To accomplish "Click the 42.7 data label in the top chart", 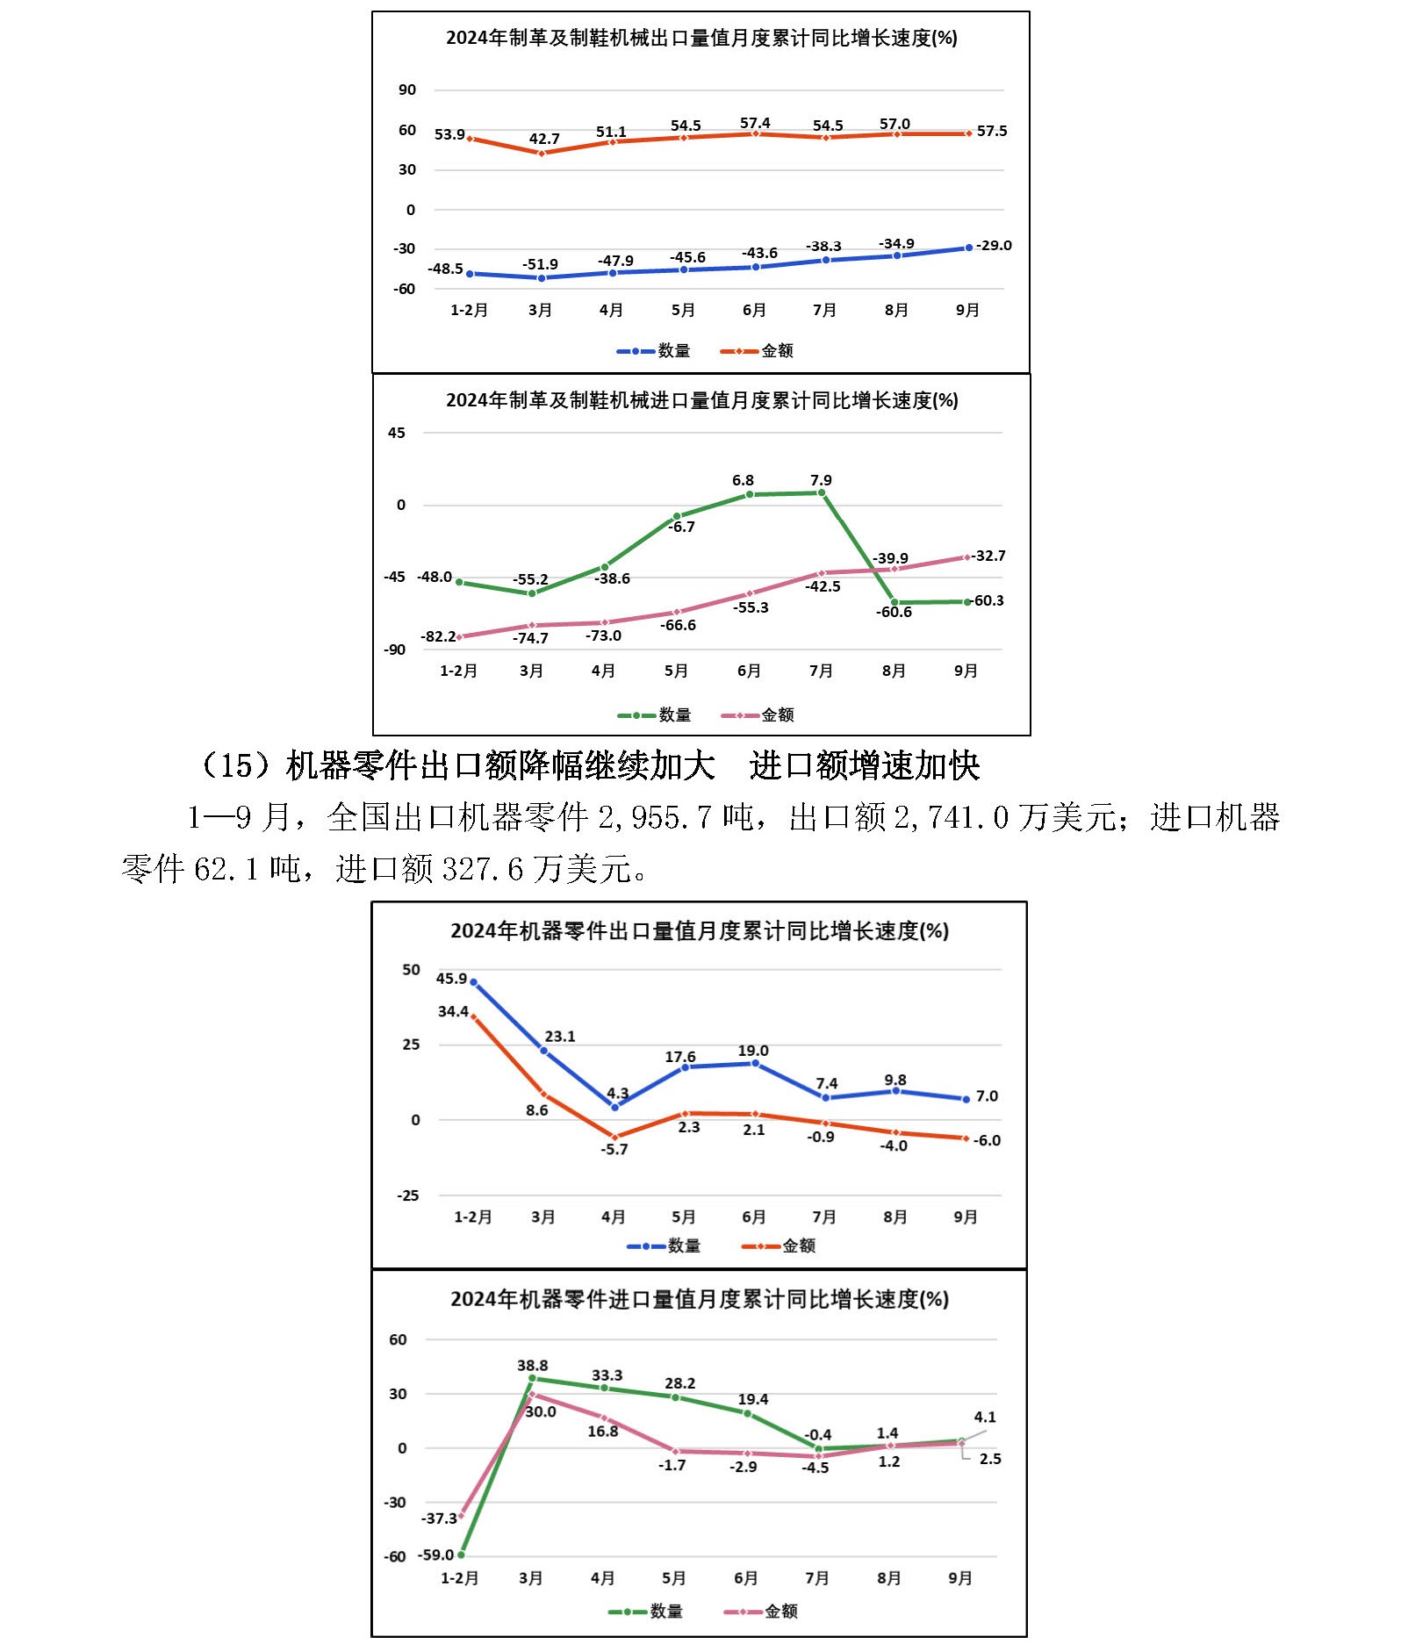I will [544, 139].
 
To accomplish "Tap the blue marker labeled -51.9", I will [542, 278].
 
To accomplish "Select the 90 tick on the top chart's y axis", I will [407, 90].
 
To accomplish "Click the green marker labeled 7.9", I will [822, 493].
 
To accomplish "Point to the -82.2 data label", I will [438, 636].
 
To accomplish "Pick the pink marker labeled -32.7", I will [967, 557].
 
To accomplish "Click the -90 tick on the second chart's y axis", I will [394, 650].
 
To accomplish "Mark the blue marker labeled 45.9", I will [474, 982].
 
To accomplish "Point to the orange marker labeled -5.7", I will [614, 1138].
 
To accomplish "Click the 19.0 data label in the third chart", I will [753, 1051].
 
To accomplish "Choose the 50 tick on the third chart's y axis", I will [411, 970].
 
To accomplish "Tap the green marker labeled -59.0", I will [462, 1554].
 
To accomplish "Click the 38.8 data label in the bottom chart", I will [533, 1366].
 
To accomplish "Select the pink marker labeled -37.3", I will [462, 1516].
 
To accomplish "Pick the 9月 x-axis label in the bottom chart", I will [960, 1578].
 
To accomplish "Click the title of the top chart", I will [700, 38].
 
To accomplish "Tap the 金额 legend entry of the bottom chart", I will [780, 1612].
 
